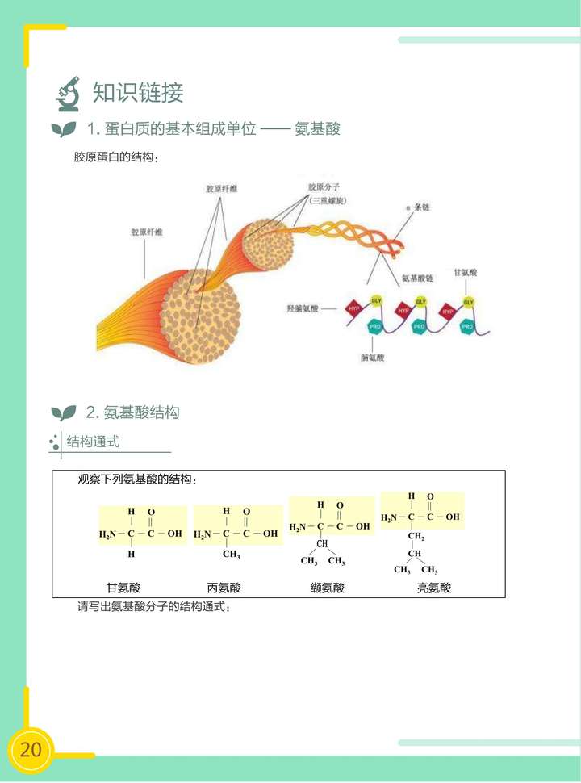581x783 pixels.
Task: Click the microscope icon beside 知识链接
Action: pyautogui.click(x=69, y=93)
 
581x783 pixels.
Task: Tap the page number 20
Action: pyautogui.click(x=31, y=749)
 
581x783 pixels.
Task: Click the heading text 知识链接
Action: pyautogui.click(x=138, y=93)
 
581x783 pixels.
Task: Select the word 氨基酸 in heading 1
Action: pyautogui.click(x=318, y=129)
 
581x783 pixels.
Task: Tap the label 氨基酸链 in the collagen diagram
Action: pyautogui.click(x=417, y=278)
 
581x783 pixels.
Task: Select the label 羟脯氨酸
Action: pyautogui.click(x=303, y=308)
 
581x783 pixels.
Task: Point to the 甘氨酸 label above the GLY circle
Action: pyautogui.click(x=466, y=274)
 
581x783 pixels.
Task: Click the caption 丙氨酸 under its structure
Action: pyautogui.click(x=224, y=588)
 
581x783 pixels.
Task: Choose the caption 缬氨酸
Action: pyautogui.click(x=327, y=588)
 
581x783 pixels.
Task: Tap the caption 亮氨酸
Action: pyautogui.click(x=433, y=588)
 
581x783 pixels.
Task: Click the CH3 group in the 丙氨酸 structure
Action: pyautogui.click(x=232, y=555)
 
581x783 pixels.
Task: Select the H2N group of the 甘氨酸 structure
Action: pyautogui.click(x=107, y=534)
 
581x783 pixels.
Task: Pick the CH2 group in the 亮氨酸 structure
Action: pyautogui.click(x=416, y=537)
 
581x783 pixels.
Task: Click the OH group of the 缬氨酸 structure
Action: pyautogui.click(x=363, y=527)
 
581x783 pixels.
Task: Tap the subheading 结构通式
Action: pyautogui.click(x=93, y=442)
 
